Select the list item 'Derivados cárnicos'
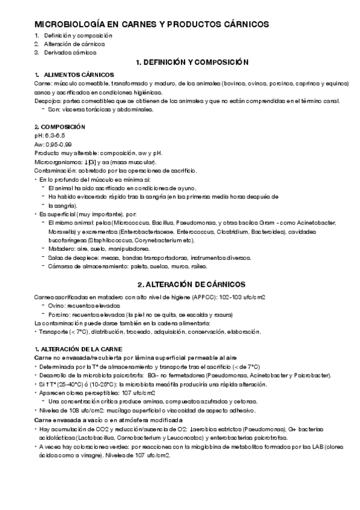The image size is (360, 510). pyautogui.click(x=70, y=52)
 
